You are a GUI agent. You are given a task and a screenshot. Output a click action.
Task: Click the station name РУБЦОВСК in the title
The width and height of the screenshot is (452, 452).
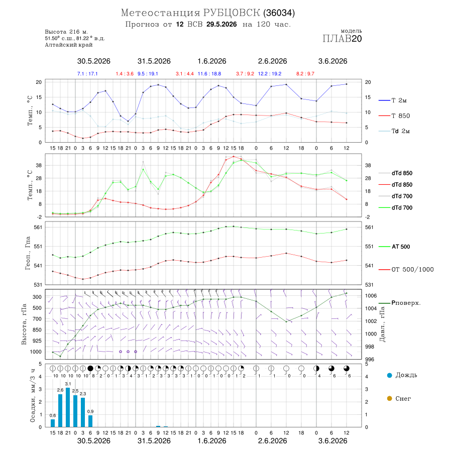click(x=232, y=13)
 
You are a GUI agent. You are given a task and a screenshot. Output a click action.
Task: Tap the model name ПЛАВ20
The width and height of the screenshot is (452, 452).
click(x=342, y=39)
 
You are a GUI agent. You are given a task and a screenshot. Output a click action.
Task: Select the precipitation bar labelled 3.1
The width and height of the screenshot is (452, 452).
click(x=68, y=407)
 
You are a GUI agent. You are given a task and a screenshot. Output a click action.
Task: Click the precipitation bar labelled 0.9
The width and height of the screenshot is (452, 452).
click(x=90, y=421)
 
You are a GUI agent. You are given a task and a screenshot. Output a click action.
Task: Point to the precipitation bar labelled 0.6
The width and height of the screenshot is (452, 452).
click(x=53, y=423)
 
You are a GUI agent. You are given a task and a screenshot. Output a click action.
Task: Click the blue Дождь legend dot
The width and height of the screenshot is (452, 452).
click(x=389, y=375)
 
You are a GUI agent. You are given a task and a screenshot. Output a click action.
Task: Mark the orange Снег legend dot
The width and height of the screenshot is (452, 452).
click(x=389, y=398)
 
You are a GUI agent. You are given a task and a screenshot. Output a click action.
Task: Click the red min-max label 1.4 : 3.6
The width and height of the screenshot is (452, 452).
click(x=125, y=74)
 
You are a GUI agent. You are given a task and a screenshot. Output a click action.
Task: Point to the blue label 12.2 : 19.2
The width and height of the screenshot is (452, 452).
click(x=270, y=74)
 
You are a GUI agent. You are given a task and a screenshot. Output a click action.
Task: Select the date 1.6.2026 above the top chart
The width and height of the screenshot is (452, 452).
click(x=212, y=61)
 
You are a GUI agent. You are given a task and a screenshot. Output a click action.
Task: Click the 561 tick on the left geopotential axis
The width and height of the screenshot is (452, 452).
click(x=38, y=227)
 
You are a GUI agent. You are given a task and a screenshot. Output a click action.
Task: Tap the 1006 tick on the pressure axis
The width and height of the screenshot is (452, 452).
click(x=371, y=296)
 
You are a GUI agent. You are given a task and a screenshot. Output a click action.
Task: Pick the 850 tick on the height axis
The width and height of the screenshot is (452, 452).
click(x=37, y=330)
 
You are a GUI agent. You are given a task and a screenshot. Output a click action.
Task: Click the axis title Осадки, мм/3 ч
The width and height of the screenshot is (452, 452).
click(x=33, y=396)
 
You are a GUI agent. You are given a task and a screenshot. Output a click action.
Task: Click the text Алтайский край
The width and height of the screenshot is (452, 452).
click(x=69, y=45)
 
